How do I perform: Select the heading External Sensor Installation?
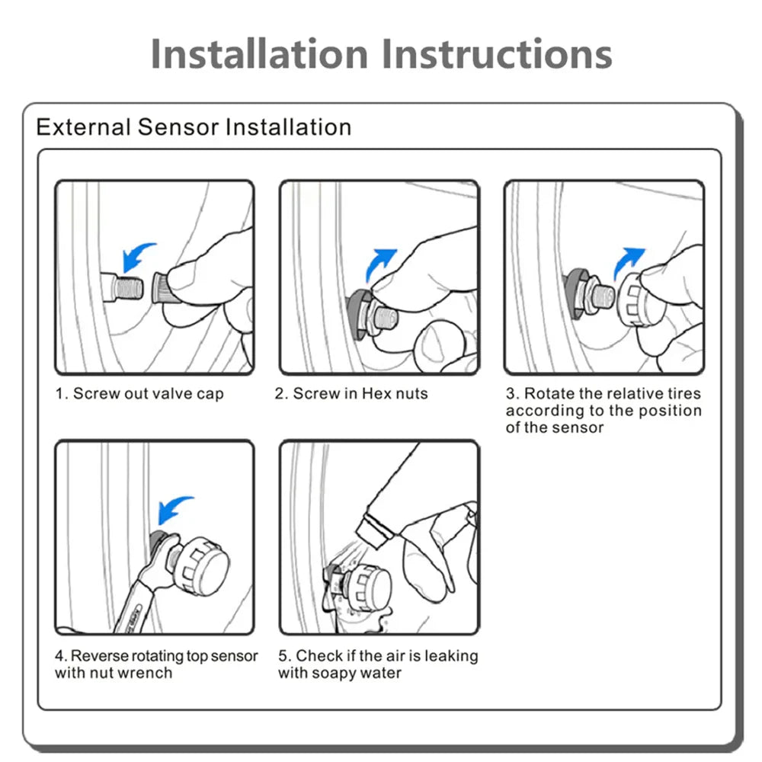coord(194,126)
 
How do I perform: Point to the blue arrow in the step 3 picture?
coord(629,263)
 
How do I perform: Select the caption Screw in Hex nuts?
coord(351,394)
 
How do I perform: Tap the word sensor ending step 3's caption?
coord(578,427)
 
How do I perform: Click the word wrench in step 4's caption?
coord(145,673)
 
